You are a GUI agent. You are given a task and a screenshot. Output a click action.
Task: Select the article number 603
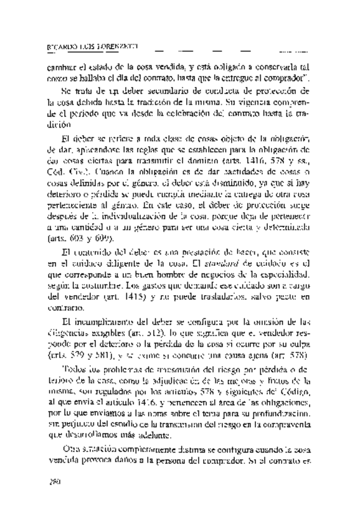pyautogui.click(x=79, y=239)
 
